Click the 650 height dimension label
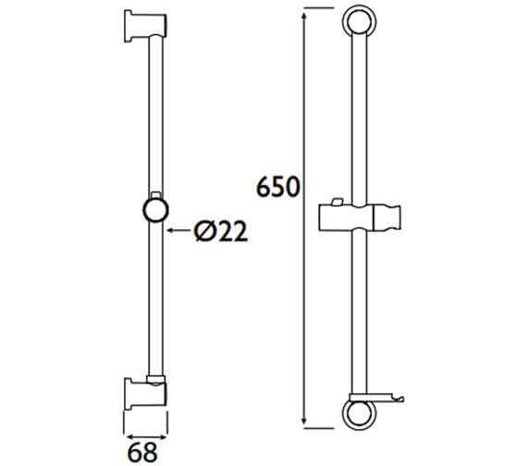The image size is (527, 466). (277, 188)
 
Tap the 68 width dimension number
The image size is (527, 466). (141, 451)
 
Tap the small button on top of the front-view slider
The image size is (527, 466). (337, 202)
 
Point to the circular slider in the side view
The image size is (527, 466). (154, 209)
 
